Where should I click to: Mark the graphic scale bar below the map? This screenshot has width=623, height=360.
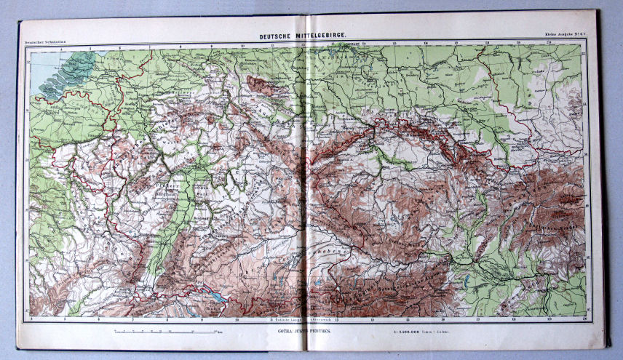coord(167,332)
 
